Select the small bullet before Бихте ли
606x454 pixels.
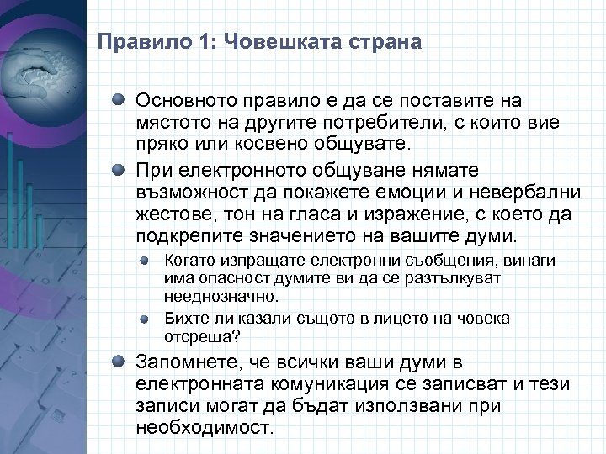(146, 319)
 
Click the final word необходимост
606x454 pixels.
(205, 425)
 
